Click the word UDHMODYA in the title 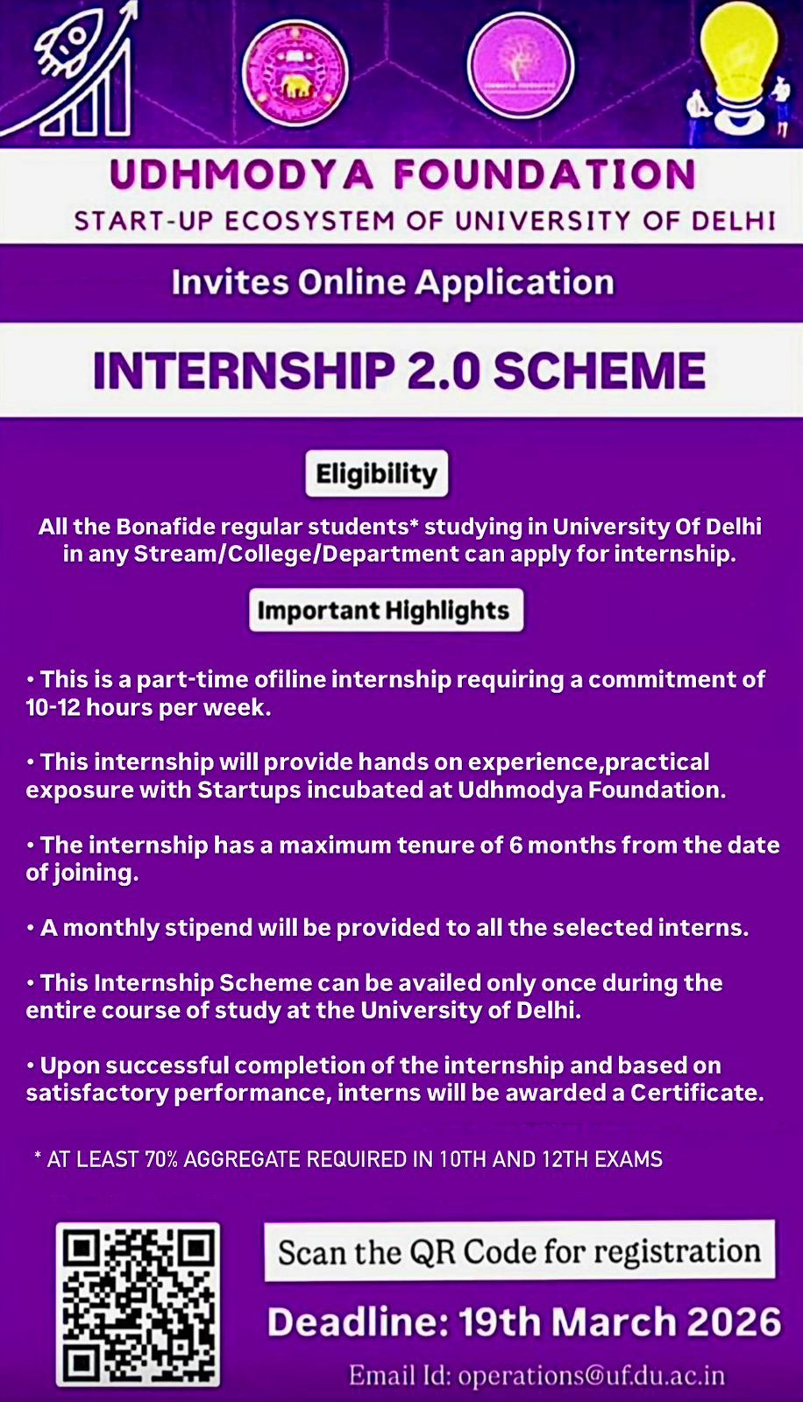(242, 174)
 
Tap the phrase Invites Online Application (393, 282)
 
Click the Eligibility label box (376, 473)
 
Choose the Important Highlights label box (386, 610)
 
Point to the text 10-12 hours (87, 707)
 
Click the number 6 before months (515, 846)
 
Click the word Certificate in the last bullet (697, 1093)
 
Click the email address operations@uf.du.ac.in (591, 1377)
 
